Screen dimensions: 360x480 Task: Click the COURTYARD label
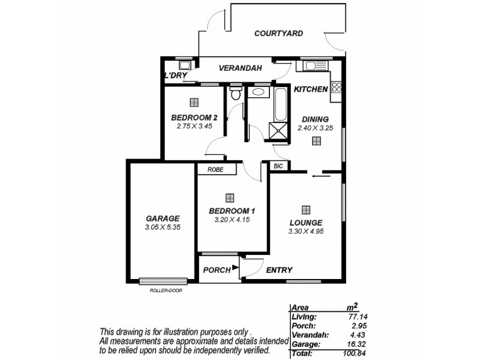coord(278,34)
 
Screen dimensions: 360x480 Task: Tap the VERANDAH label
coord(240,68)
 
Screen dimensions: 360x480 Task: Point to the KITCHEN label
coord(310,89)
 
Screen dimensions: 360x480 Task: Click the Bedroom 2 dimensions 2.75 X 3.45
coord(193,127)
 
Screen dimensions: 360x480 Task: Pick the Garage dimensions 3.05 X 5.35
coord(163,228)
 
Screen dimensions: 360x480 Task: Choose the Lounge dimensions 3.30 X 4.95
coord(306,231)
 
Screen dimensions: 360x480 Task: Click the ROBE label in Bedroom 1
coord(215,170)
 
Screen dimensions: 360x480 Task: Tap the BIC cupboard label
coord(278,166)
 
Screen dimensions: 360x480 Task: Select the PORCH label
coord(217,270)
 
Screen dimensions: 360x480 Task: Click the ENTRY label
coord(279,270)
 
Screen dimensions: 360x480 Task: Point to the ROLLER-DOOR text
coord(166,290)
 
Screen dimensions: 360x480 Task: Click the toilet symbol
coord(236,94)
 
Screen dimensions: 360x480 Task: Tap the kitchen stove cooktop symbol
coord(337,87)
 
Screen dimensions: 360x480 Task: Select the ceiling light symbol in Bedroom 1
coord(229,197)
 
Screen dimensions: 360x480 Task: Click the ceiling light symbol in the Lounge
coord(306,209)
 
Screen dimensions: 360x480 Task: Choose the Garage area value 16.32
coord(356,345)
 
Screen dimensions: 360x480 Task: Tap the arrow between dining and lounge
coord(321,176)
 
